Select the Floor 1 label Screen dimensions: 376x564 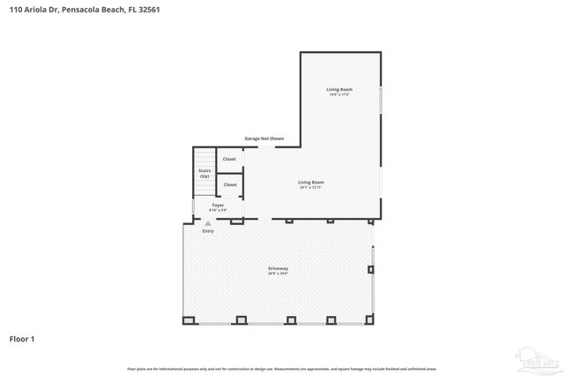tap(23, 338)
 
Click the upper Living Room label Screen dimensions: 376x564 tap(339, 89)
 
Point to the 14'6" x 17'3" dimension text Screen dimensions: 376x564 tap(339, 94)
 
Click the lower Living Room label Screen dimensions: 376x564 tap(311, 182)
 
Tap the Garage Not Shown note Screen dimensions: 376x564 tap(263, 139)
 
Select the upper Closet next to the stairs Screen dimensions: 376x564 tap(229, 159)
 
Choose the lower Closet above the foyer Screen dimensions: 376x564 tap(230, 184)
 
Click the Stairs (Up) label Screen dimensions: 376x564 tap(204, 173)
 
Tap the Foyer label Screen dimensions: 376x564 tap(218, 205)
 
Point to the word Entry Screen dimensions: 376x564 tap(208, 231)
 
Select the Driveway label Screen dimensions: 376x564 tap(278, 268)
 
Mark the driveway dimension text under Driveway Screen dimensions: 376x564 tap(278, 274)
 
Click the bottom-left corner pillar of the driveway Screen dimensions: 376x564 tap(187, 320)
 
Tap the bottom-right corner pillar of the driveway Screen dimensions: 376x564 tap(370, 320)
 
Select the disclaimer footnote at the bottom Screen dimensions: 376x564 tap(282, 368)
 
